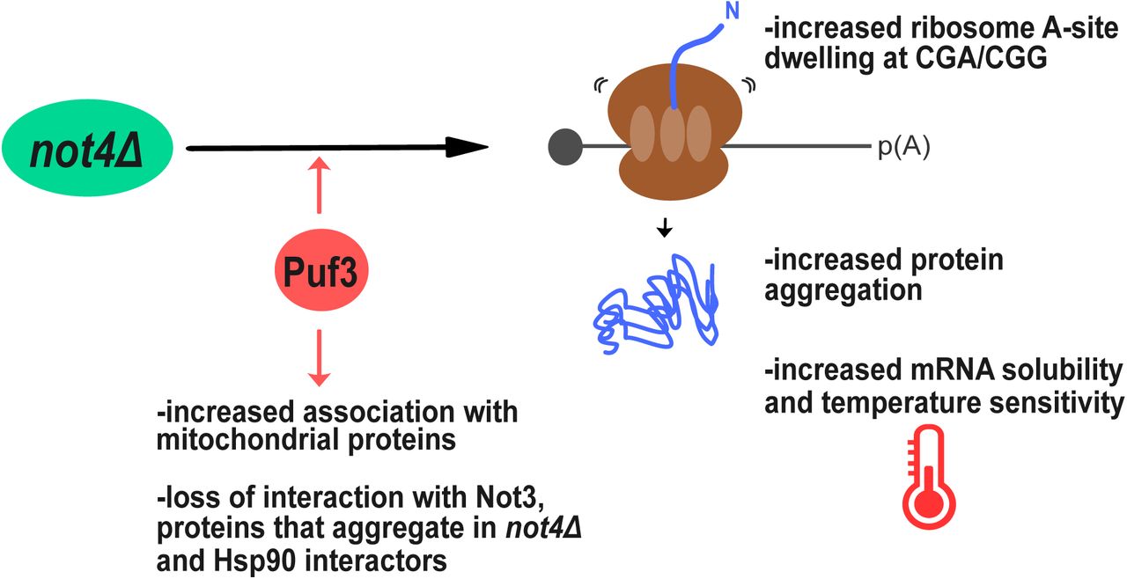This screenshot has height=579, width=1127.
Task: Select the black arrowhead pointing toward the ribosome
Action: click(466, 148)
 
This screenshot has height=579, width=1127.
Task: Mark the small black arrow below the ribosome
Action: click(665, 228)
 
